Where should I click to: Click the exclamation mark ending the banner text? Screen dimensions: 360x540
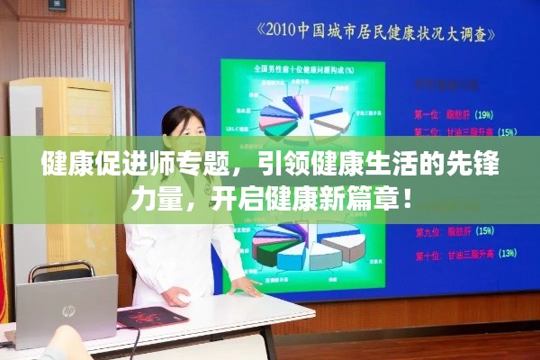pos(409,195)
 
